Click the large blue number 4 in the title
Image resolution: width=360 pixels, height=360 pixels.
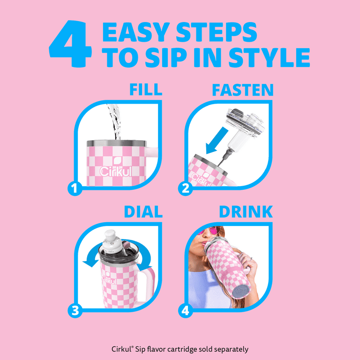pyautogui.click(x=70, y=44)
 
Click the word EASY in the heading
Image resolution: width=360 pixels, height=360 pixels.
pyautogui.click(x=136, y=32)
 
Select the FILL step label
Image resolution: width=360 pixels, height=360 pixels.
pyautogui.click(x=146, y=90)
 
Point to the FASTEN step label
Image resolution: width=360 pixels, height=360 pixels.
pyautogui.click(x=243, y=90)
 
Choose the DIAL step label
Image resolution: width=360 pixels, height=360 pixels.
pyautogui.click(x=143, y=211)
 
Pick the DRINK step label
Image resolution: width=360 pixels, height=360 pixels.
pyautogui.click(x=246, y=211)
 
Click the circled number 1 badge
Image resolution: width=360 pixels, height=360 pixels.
pyautogui.click(x=75, y=189)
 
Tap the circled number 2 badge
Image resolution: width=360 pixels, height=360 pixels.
pyautogui.click(x=186, y=189)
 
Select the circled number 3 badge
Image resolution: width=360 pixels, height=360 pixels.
pyautogui.click(x=75, y=311)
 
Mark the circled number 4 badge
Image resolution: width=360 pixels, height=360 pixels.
pyautogui.click(x=186, y=311)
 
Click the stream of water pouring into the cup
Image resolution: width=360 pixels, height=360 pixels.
pyautogui.click(x=114, y=122)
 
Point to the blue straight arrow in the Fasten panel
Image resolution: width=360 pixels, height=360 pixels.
pyautogui.click(x=217, y=141)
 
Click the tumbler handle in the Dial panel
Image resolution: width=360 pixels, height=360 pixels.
pyautogui.click(x=147, y=285)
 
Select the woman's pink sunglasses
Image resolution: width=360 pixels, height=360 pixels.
pyautogui.click(x=210, y=230)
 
